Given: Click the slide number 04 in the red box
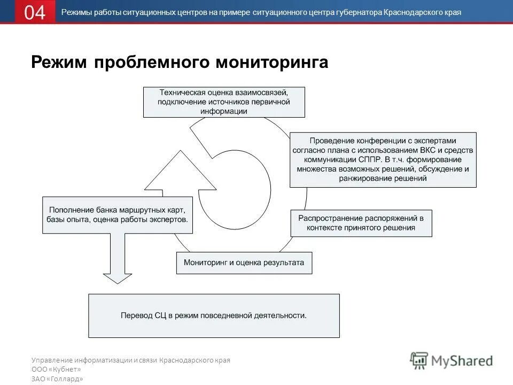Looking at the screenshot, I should coord(35,12).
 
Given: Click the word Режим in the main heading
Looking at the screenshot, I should coord(59,63).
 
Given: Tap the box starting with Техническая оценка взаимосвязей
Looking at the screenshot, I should coord(224,102).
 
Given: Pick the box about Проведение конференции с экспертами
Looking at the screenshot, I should coord(383,159).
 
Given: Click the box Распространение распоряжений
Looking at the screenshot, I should coord(361,223).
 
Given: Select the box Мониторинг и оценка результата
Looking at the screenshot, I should coord(244,263).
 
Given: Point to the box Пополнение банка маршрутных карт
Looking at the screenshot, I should coord(118,214).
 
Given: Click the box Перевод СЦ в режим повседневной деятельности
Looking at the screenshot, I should coord(214,315).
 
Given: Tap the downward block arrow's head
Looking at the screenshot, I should coord(117,278).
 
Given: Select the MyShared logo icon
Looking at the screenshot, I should coord(419,360).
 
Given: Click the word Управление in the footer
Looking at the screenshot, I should coord(52,360).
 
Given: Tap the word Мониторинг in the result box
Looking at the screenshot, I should coord(206,263).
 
